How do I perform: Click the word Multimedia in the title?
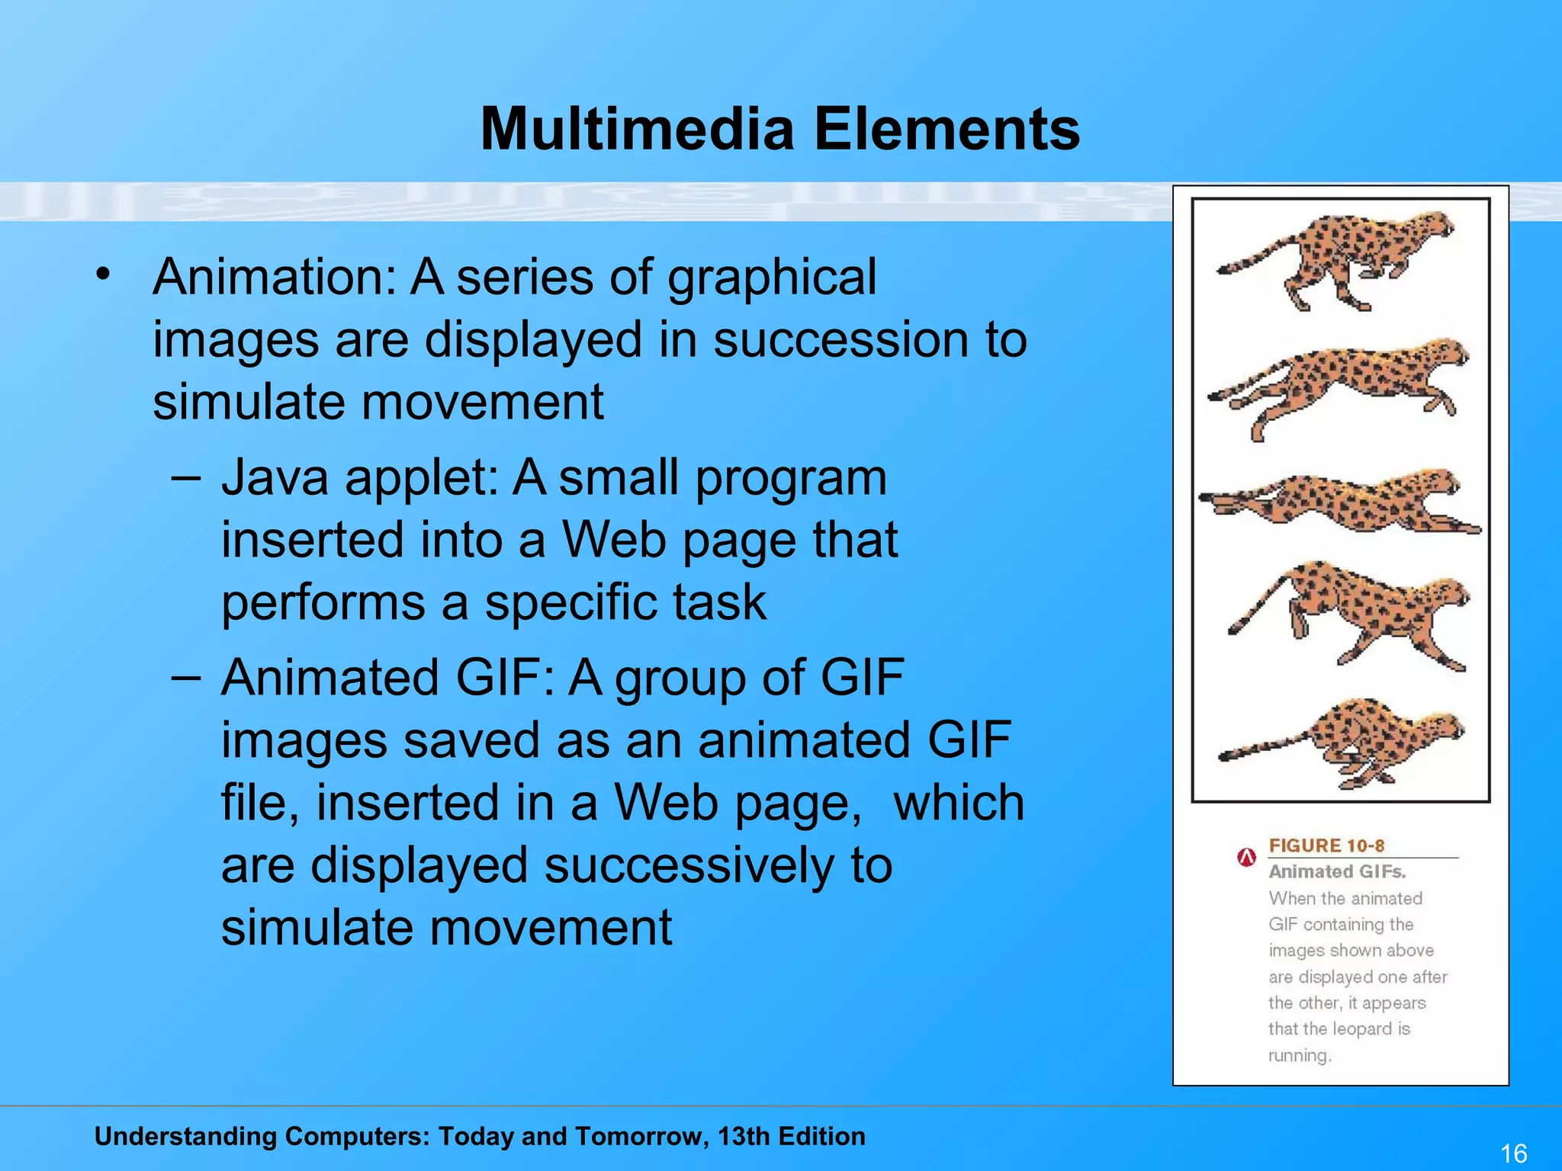point(638,129)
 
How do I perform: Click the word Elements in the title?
point(947,129)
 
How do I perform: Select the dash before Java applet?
point(186,479)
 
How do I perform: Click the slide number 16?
point(1513,1153)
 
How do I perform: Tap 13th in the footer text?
point(744,1137)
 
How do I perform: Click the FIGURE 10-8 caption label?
point(1326,845)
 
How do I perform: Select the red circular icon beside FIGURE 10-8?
point(1246,858)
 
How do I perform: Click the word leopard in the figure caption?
point(1363,1029)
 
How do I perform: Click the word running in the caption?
point(1298,1056)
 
